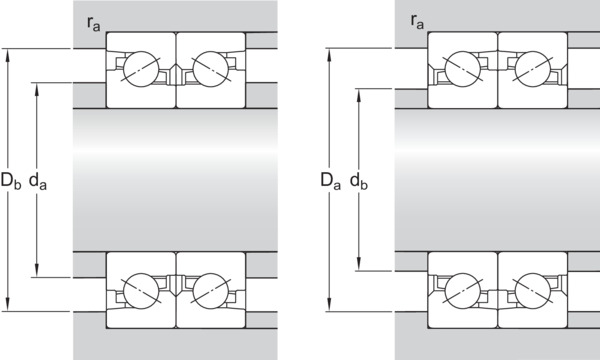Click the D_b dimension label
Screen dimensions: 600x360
point(11,180)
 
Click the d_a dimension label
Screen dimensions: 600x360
point(38,180)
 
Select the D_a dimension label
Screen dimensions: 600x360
point(331,180)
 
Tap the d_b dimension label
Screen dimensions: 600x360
point(359,180)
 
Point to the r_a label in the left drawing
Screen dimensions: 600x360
point(93,23)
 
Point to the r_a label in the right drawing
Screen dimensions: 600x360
point(417,21)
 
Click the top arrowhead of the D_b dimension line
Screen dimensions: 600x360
point(8,55)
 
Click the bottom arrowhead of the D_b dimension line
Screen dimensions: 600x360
point(8,305)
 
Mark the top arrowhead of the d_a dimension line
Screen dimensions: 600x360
point(37,89)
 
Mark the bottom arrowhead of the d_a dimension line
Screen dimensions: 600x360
point(37,270)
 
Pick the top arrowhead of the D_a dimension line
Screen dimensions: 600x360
point(329,55)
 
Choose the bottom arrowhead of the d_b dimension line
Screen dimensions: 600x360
point(359,264)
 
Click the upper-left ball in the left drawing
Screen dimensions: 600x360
point(141,69)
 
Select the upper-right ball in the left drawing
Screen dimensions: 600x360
point(211,69)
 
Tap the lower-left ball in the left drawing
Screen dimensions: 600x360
point(141,291)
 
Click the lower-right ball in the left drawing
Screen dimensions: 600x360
point(211,291)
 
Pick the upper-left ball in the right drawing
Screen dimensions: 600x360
point(463,69)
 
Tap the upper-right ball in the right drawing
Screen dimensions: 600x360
point(533,69)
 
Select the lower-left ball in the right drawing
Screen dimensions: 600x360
point(463,291)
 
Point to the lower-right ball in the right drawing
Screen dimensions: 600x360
point(533,291)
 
